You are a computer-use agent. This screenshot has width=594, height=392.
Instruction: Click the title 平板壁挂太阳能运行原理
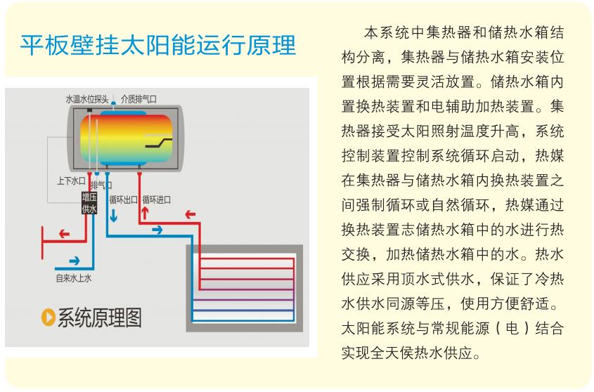[158, 46]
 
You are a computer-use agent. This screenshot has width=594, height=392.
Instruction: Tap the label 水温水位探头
[86, 99]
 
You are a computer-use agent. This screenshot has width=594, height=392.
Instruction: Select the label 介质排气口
[138, 99]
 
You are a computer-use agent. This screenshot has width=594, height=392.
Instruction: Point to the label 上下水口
[71, 181]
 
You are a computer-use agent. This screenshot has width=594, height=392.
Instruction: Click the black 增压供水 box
[89, 202]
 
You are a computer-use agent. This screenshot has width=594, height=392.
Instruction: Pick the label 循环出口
[123, 200]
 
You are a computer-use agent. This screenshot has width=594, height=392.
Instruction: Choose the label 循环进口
[157, 200]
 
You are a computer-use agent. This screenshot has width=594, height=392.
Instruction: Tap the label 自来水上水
[74, 278]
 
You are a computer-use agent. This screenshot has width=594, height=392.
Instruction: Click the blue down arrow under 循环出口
[113, 215]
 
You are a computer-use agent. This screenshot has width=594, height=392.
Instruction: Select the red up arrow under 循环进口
[145, 214]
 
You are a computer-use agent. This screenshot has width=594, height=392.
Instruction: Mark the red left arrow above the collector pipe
[191, 215]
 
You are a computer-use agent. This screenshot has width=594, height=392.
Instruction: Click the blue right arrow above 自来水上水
[75, 261]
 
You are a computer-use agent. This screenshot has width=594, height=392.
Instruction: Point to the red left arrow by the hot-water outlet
[65, 234]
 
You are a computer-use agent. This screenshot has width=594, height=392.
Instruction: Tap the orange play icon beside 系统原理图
[48, 317]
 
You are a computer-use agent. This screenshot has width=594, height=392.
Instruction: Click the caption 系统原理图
[100, 318]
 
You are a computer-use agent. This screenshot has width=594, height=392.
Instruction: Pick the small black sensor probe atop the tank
[90, 110]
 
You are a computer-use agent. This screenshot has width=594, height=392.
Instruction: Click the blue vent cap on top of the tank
[113, 103]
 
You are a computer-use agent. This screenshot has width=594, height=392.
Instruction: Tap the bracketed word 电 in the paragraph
[512, 328]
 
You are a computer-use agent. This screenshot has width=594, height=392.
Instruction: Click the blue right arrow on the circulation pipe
[157, 230]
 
